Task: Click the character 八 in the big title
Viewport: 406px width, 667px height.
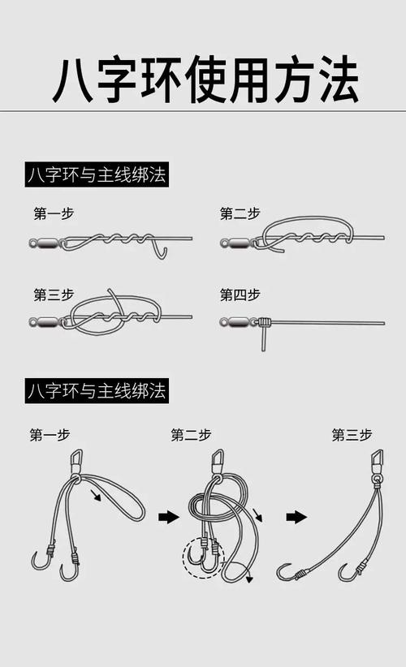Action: pos(76,79)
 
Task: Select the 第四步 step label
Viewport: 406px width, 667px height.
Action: pos(240,295)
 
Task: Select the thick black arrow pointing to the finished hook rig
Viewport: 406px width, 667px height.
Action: pos(296,517)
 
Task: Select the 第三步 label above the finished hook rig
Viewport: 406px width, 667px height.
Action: pos(351,435)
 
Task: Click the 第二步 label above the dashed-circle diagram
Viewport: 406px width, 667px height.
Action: pos(191,435)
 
